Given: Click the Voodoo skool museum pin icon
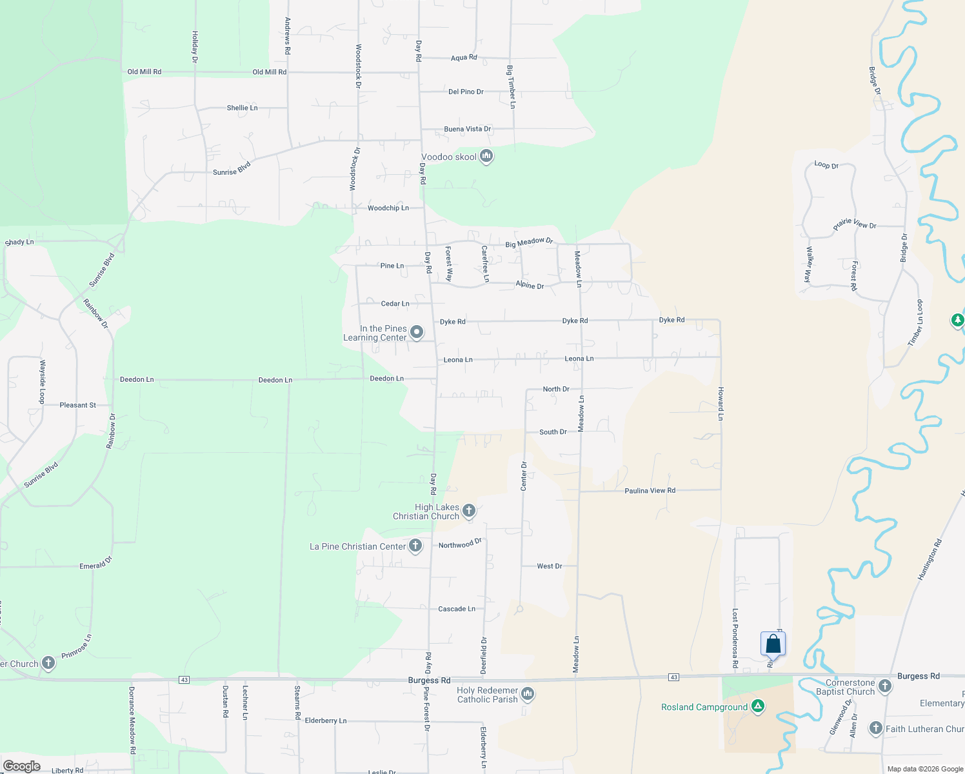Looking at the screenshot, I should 486,156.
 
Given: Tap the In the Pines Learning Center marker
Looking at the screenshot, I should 417,333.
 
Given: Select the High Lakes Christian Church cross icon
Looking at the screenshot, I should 469,511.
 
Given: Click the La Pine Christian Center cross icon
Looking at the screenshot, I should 415,546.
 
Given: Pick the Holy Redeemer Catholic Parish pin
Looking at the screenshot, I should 528,694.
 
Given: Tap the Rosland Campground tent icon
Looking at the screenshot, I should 758,707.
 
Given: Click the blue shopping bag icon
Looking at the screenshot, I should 773,644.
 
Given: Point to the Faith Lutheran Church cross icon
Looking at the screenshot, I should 875,728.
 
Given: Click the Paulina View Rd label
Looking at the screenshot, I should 650,491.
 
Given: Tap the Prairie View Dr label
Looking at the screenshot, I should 855,224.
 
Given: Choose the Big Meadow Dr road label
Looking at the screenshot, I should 529,243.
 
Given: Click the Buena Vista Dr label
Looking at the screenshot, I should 468,129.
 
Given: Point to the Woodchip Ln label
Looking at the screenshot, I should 388,208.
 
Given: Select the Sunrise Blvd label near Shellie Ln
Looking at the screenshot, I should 232,169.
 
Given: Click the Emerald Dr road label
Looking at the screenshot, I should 95,564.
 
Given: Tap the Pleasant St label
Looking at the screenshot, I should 77,405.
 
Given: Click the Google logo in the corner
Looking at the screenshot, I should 22,766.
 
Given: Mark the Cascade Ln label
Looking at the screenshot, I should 457,609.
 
